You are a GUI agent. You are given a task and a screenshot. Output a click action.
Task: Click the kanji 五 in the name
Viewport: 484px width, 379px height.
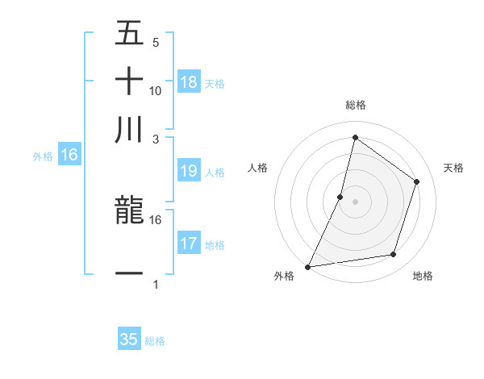[x=129, y=34]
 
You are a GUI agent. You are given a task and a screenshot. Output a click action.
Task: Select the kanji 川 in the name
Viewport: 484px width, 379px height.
[x=129, y=129]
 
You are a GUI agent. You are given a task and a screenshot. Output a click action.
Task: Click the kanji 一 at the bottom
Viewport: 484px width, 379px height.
[x=129, y=274]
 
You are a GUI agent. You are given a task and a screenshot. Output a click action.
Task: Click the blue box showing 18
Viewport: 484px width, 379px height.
[x=189, y=82]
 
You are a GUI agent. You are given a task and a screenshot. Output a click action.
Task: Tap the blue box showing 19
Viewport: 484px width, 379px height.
[x=189, y=171]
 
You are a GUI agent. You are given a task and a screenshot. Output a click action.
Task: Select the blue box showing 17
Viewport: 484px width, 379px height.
[x=189, y=244]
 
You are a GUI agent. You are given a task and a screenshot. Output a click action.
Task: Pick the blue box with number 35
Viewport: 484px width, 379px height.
[x=129, y=339]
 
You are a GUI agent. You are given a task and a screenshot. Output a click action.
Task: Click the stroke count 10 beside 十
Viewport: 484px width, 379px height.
[x=156, y=90]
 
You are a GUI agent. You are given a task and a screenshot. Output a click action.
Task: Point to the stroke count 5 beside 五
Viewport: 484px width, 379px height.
[x=155, y=41]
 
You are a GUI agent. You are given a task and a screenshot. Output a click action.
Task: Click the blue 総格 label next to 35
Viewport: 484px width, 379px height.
[x=155, y=341]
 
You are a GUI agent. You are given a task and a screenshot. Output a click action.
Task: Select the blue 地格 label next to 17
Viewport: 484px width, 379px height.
[x=215, y=244]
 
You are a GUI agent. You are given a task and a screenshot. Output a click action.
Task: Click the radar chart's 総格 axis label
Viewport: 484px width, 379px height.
[x=355, y=105]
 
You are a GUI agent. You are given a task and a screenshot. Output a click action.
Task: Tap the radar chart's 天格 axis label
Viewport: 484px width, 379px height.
[x=453, y=168]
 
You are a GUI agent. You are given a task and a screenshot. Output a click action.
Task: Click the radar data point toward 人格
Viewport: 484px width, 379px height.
[x=340, y=196]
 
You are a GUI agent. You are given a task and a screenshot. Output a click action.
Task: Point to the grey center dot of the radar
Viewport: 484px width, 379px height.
[x=355, y=201]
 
